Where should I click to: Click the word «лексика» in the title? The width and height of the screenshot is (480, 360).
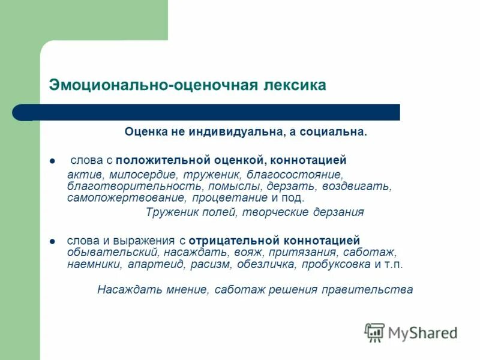[295, 85]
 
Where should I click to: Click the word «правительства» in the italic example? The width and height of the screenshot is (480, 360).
[375, 289]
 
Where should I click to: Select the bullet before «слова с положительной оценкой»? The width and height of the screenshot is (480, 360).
[52, 161]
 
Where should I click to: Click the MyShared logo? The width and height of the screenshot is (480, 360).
[411, 332]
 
